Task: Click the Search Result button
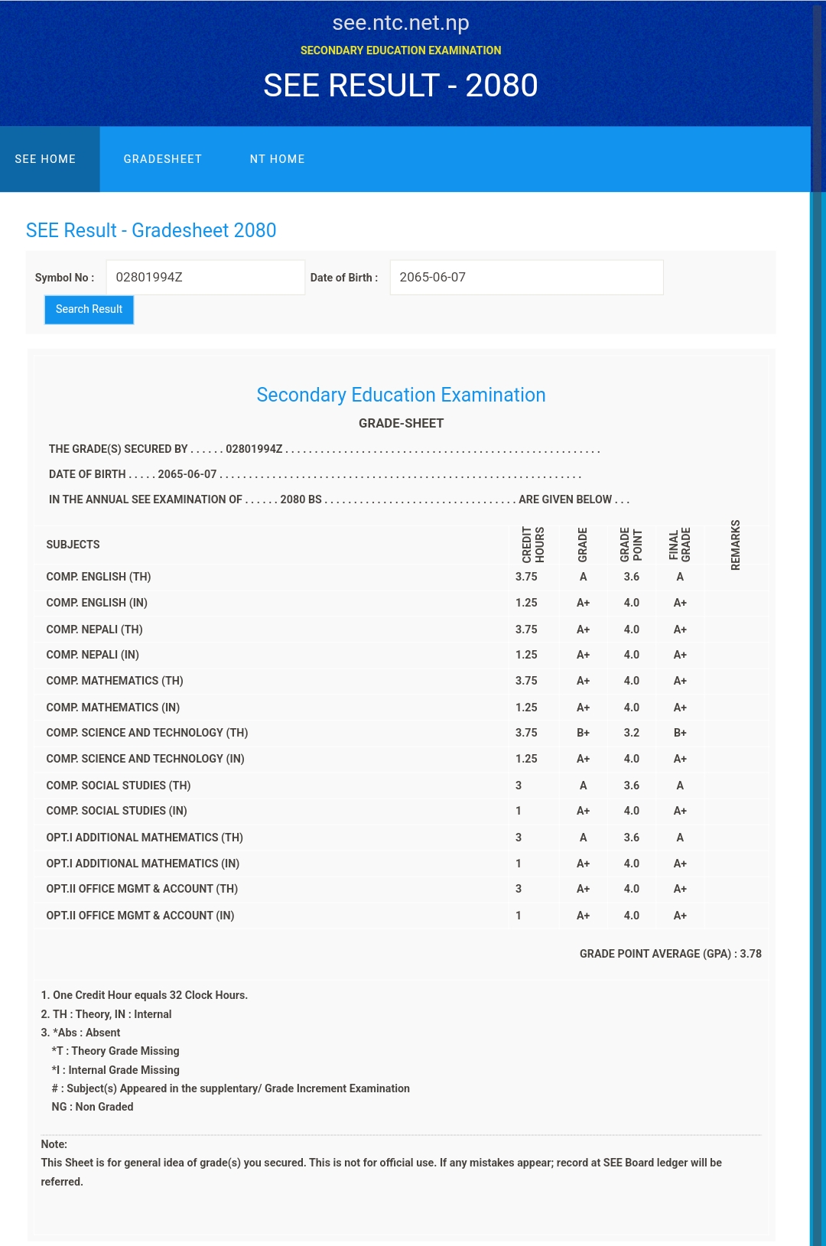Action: (89, 310)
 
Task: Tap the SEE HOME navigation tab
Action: (45, 159)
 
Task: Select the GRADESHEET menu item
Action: (163, 159)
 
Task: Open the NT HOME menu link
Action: (277, 159)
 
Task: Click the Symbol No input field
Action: (205, 278)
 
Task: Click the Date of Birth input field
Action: (526, 278)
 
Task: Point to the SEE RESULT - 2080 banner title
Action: (401, 86)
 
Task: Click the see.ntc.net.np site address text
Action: (401, 23)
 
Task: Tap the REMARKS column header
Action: (735, 545)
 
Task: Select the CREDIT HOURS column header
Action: (533, 545)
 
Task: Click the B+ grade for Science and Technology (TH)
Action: (583, 733)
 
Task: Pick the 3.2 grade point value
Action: (631, 733)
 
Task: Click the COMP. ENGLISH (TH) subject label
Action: (99, 577)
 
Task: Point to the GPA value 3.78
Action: (750, 954)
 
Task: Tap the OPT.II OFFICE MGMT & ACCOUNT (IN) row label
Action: (140, 916)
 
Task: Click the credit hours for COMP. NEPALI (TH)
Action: (526, 630)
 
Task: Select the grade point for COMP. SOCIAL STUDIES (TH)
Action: (631, 786)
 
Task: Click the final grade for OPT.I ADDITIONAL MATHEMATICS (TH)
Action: (680, 838)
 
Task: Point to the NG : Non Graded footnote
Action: (93, 1107)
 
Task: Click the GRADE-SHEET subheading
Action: (401, 423)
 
